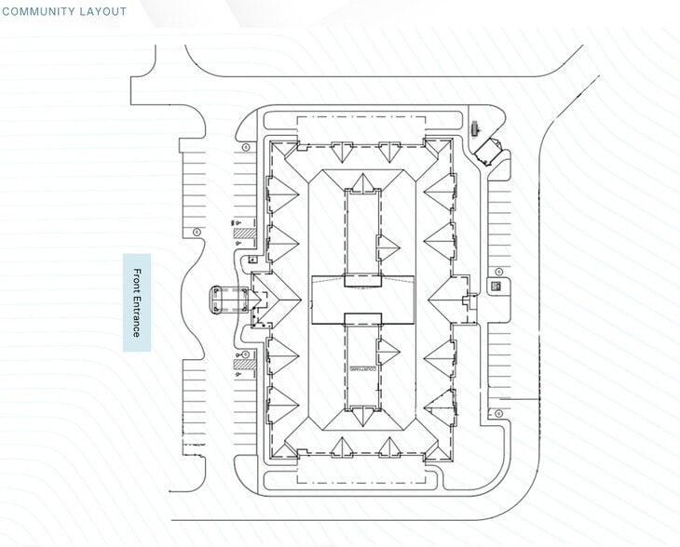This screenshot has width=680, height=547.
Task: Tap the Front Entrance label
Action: [x=137, y=302]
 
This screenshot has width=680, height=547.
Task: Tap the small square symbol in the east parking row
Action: [x=496, y=286]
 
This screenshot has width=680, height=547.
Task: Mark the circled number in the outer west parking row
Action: [x=197, y=233]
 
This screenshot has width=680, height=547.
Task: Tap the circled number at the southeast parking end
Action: [x=499, y=412]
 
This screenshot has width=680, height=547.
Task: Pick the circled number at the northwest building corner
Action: [x=245, y=147]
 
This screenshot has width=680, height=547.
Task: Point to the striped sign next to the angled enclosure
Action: [x=472, y=129]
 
